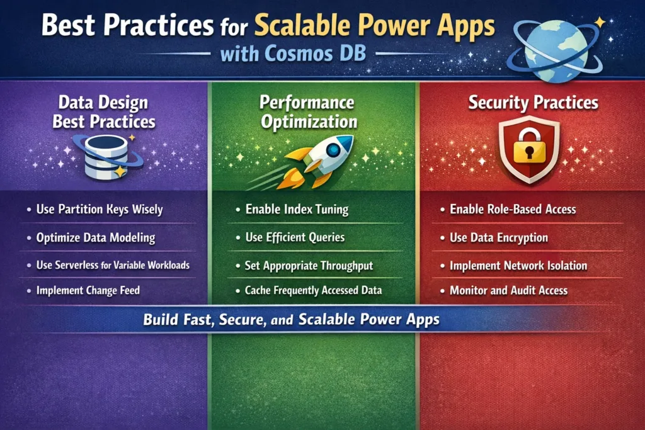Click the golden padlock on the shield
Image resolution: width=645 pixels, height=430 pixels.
pyautogui.click(x=529, y=149)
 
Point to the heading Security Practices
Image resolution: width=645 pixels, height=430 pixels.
pyautogui.click(x=533, y=103)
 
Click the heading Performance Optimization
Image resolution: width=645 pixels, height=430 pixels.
pyautogui.click(x=309, y=111)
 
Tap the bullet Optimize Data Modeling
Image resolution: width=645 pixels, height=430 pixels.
pyautogui.click(x=95, y=238)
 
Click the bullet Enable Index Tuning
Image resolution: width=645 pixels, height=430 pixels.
pyautogui.click(x=296, y=209)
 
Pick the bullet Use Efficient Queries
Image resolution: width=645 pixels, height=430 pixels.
pyautogui.click(x=294, y=237)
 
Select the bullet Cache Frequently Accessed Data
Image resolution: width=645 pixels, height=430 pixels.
pyautogui.click(x=313, y=291)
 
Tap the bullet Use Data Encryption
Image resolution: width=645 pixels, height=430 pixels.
pyautogui.click(x=498, y=237)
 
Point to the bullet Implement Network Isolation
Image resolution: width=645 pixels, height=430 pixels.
pyautogui.click(x=518, y=265)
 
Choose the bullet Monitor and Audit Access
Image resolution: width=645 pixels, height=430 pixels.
pyautogui.click(x=508, y=291)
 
